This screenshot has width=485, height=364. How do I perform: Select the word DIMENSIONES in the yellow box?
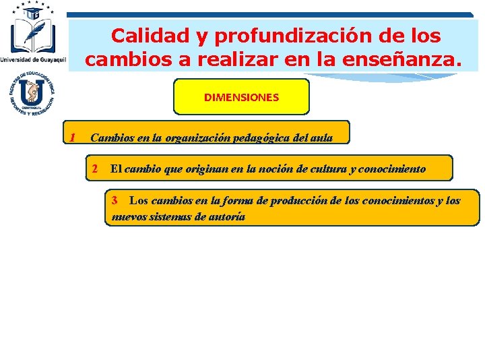[241, 97]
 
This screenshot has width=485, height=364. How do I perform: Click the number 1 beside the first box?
[71, 138]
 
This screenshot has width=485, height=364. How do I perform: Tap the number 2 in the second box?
[96, 169]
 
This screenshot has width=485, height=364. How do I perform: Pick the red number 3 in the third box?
[115, 200]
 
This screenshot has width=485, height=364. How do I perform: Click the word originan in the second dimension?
[205, 169]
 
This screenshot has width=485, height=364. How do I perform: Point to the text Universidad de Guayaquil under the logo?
[34, 59]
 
